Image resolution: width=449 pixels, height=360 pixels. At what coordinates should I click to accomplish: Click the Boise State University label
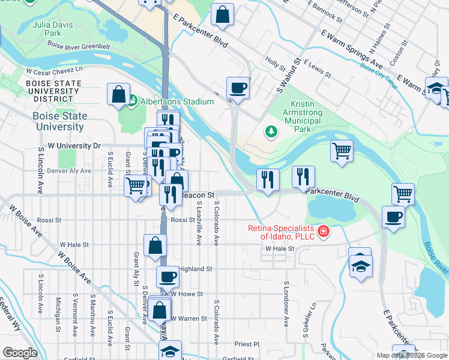tap(59, 121)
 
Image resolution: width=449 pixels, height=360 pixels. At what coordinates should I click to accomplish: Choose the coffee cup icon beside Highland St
tap(168, 277)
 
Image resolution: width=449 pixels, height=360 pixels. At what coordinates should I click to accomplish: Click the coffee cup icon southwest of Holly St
tap(238, 88)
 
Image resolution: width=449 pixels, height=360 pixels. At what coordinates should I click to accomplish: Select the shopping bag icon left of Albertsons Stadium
tap(119, 94)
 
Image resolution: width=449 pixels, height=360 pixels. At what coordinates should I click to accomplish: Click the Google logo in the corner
tap(20, 353)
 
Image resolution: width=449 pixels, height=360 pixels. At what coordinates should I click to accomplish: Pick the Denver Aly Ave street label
tap(69, 171)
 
